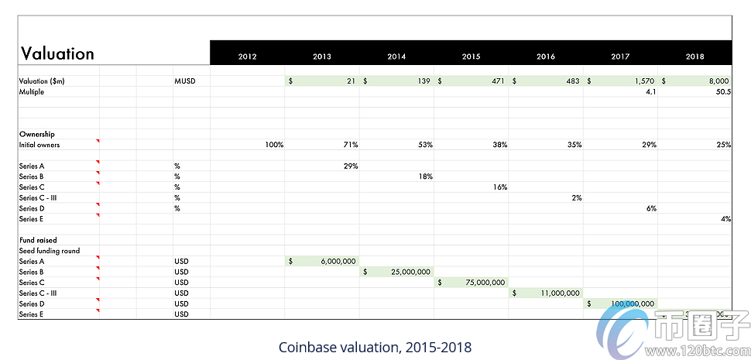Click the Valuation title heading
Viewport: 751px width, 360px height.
click(57, 53)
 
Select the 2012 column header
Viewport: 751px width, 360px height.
click(248, 57)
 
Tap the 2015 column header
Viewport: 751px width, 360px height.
click(471, 57)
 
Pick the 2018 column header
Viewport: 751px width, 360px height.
click(694, 57)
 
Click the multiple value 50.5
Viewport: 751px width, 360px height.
click(719, 91)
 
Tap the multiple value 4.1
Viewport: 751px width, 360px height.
click(650, 91)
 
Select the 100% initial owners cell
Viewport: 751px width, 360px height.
click(273, 145)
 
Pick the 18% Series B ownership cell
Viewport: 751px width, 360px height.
click(424, 177)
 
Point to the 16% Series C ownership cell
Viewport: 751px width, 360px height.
click(499, 187)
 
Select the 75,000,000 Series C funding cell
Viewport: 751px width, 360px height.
click(471, 283)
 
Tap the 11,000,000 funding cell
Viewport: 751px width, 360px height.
click(546, 293)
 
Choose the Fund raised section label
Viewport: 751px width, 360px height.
click(38, 240)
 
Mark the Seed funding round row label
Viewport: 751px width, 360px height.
click(49, 251)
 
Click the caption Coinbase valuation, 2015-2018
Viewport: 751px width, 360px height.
click(375, 347)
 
